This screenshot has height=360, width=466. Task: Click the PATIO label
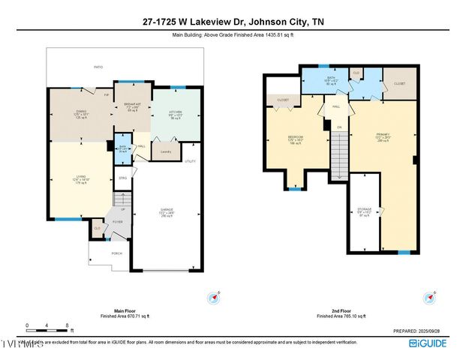coord(98,67)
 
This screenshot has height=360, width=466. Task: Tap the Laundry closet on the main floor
coord(164,152)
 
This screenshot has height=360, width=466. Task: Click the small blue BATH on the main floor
coord(123,148)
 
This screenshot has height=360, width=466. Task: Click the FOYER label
coord(118,222)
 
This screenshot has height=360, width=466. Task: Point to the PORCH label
coord(116,253)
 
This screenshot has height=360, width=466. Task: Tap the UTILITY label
coord(191,161)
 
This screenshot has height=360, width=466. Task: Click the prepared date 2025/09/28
coord(421,330)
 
